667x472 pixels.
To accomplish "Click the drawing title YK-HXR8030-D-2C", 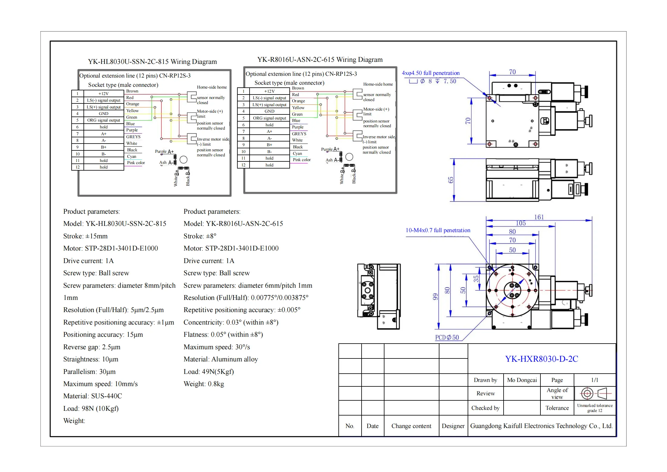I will tap(541, 359).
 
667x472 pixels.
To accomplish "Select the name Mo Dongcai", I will tap(522, 380).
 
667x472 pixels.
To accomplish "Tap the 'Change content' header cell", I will tap(411, 426).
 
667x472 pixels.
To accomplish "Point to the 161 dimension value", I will tap(539, 217).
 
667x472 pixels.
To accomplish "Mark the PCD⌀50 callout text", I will tap(447, 337).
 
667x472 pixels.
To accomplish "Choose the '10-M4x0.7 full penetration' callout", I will tap(438, 230).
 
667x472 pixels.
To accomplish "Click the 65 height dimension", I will tap(451, 180).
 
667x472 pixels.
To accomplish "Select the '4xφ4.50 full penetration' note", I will tap(431, 73).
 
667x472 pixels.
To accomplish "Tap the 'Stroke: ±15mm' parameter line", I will tap(85, 236).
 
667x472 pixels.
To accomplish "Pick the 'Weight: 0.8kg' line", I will tap(204, 384).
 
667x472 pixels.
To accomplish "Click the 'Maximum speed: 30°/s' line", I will tap(217, 347).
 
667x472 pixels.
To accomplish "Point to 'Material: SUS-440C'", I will tap(92, 396).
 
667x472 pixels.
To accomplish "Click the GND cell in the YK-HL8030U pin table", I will tap(103, 114).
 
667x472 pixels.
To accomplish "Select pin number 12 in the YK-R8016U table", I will tap(243, 165).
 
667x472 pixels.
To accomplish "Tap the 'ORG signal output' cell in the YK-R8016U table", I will tap(269, 118).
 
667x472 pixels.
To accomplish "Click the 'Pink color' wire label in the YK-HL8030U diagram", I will tap(136, 163).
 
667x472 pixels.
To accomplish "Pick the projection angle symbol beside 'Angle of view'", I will tap(595, 393).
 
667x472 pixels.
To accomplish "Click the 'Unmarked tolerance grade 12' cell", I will tap(595, 408).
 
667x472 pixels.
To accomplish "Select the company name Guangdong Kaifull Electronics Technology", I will tap(541, 426).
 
